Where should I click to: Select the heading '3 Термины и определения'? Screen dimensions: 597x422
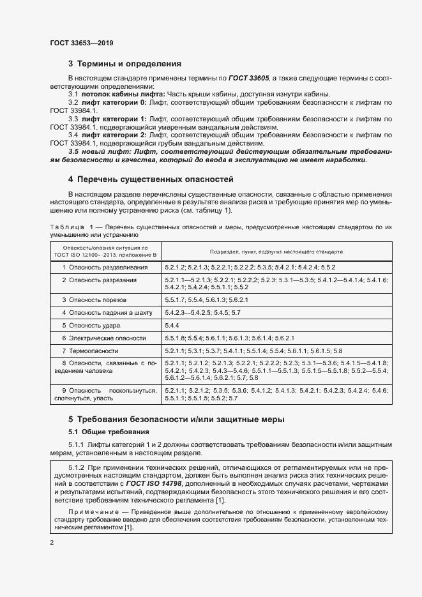[x=125, y=64]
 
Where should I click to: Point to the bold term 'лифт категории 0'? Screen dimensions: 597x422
[x=115, y=102]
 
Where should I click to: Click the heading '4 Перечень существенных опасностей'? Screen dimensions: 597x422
[x=151, y=179]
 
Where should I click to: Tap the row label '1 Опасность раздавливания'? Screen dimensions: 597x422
[x=105, y=267]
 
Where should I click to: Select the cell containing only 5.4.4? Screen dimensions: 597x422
[x=172, y=325]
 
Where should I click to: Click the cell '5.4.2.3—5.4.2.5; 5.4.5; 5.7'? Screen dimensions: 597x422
[x=202, y=312]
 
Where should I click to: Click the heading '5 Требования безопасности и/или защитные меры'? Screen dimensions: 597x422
[x=176, y=419]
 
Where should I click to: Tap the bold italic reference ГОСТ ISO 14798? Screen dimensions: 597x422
[x=153, y=484]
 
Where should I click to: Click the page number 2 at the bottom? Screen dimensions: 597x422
[x=52, y=543]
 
